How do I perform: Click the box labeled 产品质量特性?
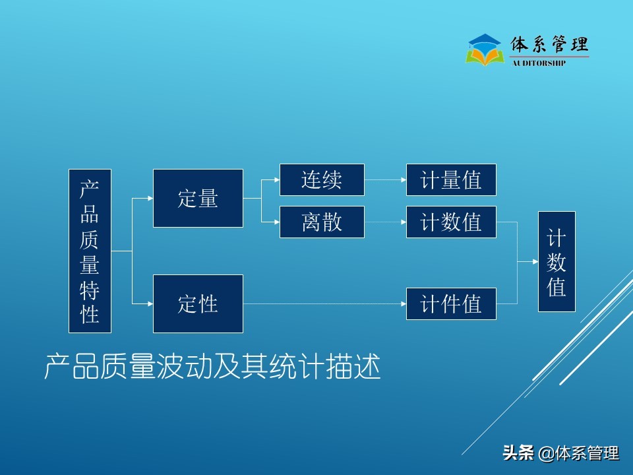pyautogui.click(x=90, y=251)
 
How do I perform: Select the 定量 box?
pyautogui.click(x=198, y=198)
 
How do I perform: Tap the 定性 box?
pyautogui.click(x=198, y=303)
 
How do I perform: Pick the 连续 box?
pyautogui.click(x=322, y=180)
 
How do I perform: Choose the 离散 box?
pyautogui.click(x=322, y=222)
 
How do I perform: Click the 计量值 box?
pyautogui.click(x=451, y=180)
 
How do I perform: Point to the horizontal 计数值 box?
pyautogui.click(x=451, y=222)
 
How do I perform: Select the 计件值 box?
pyautogui.click(x=451, y=303)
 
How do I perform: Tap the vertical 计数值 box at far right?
pyautogui.click(x=557, y=261)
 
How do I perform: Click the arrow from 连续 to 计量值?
pyautogui.click(x=385, y=180)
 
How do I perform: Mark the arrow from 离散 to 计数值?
pyautogui.click(x=385, y=222)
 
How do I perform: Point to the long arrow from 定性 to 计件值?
pyautogui.click(x=323, y=303)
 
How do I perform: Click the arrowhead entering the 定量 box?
pyautogui.click(x=150, y=198)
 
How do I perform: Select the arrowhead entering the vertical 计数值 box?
pyautogui.click(x=535, y=261)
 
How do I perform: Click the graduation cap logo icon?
pyautogui.click(x=485, y=49)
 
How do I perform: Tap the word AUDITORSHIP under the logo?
pyautogui.click(x=539, y=63)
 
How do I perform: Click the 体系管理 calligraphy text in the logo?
pyautogui.click(x=549, y=45)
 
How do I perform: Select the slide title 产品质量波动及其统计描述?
pyautogui.click(x=212, y=367)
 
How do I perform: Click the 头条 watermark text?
pyautogui.click(x=518, y=453)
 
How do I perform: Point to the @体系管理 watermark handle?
pyautogui.click(x=579, y=453)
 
